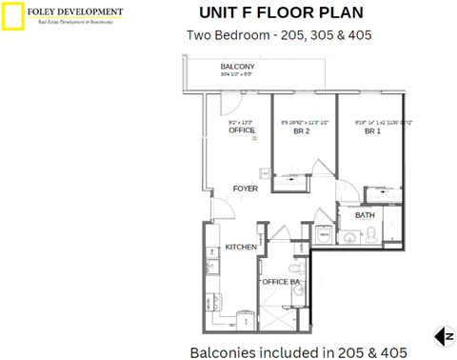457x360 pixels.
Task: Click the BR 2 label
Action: click(x=302, y=131)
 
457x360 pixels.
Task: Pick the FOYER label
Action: click(x=246, y=189)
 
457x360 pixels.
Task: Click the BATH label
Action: click(x=365, y=215)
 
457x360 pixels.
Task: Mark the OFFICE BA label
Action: click(x=283, y=281)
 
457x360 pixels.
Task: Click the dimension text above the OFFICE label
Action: click(x=240, y=122)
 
